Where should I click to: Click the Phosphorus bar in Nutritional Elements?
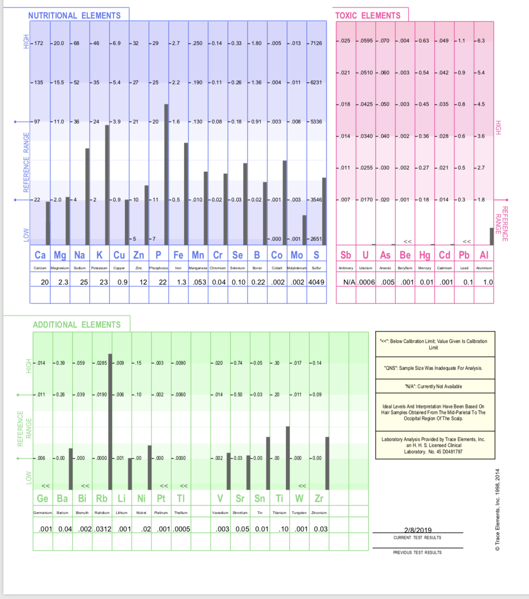point(166,175)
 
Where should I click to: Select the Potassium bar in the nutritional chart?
point(107,185)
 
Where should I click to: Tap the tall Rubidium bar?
point(110,422)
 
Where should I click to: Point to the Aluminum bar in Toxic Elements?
point(492,237)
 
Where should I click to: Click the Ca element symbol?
point(40,255)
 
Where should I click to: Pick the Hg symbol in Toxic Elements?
point(425,255)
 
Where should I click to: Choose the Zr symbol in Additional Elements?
point(319,498)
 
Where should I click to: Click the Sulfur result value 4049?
point(316,282)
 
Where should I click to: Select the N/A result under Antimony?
point(349,282)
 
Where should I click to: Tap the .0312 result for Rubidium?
point(102,529)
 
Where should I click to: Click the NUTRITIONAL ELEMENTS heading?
point(75,16)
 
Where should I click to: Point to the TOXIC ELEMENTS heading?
point(368,16)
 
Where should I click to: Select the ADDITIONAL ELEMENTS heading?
point(77,325)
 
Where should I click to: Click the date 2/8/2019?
point(417,530)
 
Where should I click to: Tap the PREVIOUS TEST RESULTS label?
point(417,553)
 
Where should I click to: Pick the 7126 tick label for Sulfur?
point(316,43)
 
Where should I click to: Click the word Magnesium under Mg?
point(60,268)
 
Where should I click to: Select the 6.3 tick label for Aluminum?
point(481,41)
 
